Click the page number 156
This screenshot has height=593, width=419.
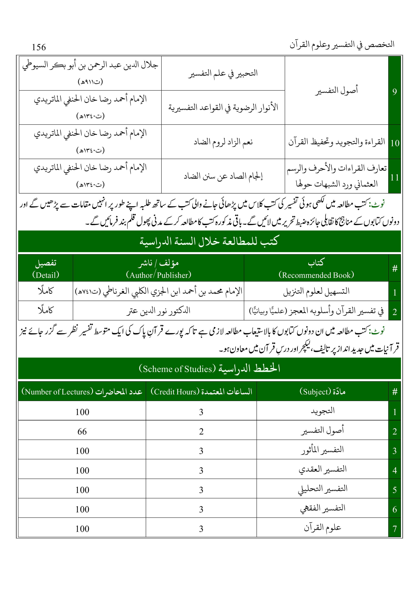(39, 47)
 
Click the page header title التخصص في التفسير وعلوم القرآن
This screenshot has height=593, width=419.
(342, 44)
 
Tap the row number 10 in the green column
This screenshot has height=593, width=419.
(395, 143)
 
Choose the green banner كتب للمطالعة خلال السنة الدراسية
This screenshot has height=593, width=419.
(209, 241)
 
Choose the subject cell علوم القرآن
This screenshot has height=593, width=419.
(322, 527)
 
